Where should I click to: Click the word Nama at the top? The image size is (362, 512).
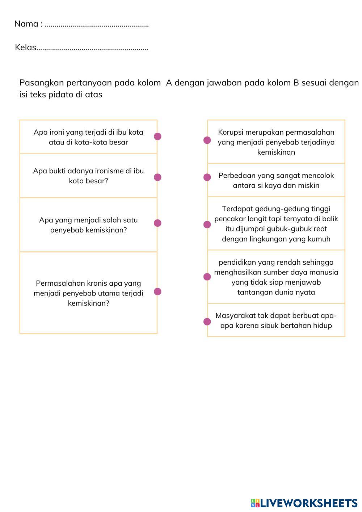26,24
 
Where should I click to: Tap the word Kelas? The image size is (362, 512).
25,47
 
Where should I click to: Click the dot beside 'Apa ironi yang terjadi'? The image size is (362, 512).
157,137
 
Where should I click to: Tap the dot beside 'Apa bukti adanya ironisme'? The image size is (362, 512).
157,177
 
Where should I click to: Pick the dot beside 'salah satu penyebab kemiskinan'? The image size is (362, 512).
157,223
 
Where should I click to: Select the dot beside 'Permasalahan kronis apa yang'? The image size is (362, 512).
157,291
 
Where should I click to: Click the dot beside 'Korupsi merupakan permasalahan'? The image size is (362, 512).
207,140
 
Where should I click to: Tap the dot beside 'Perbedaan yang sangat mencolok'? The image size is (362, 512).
207,177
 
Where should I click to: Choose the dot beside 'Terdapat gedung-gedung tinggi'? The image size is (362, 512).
207,224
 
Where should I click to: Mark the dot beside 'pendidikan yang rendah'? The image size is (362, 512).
207,277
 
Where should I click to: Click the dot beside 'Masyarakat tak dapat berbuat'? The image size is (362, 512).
207,322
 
